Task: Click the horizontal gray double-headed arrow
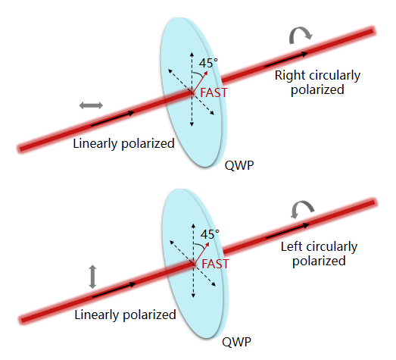pyautogui.click(x=91, y=105)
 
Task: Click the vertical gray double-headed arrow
pyautogui.click(x=92, y=277)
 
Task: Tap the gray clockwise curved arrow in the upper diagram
pyautogui.click(x=301, y=34)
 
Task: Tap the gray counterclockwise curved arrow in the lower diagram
pyautogui.click(x=303, y=208)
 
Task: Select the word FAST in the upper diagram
pyautogui.click(x=214, y=92)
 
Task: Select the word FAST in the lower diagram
pyautogui.click(x=215, y=264)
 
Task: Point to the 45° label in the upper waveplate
pyautogui.click(x=208, y=63)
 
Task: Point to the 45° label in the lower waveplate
pyautogui.click(x=210, y=234)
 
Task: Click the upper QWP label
pyautogui.click(x=239, y=165)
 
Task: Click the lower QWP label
pyautogui.click(x=237, y=343)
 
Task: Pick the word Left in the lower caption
pyautogui.click(x=292, y=246)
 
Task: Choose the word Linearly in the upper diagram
pyautogui.click(x=95, y=143)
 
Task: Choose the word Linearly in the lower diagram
pyautogui.click(x=97, y=315)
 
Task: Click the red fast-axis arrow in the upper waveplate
pyautogui.click(x=200, y=82)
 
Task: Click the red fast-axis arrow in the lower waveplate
pyautogui.click(x=201, y=254)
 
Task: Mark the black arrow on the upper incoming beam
pyautogui.click(x=112, y=118)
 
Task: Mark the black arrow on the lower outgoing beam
pyautogui.click(x=288, y=231)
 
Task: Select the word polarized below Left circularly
pyautogui.click(x=319, y=261)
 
